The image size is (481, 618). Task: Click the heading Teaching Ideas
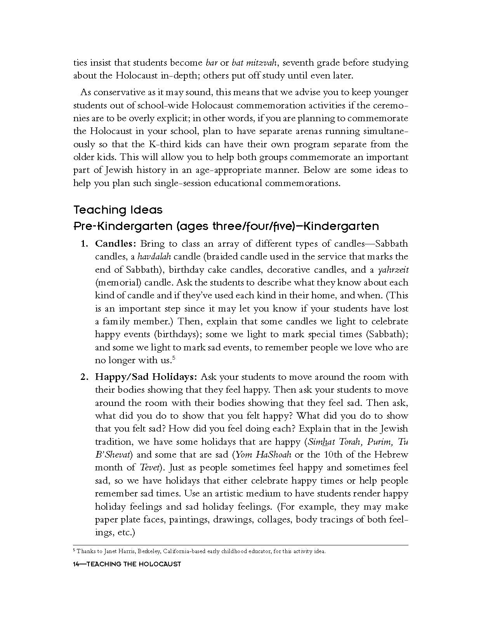[x=118, y=210]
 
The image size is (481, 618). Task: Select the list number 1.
[x=84, y=244]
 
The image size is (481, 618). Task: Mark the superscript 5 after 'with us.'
[x=174, y=358]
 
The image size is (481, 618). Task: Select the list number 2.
[x=84, y=377]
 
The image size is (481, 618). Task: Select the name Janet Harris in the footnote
[x=113, y=551]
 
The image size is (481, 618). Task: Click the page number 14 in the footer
[x=76, y=564]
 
